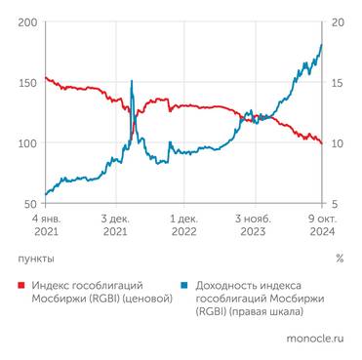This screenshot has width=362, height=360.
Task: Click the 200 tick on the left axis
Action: (28, 22)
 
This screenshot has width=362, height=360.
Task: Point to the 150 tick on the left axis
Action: (28, 83)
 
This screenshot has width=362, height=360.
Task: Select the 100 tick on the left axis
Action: (28, 143)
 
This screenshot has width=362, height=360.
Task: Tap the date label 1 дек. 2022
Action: (184, 226)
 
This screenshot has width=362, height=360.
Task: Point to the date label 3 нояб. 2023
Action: (253, 226)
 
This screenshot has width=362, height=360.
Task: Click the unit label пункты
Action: (37, 260)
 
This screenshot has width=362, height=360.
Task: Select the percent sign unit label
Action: (339, 260)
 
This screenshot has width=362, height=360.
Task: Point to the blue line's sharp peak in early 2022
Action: (133, 81)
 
